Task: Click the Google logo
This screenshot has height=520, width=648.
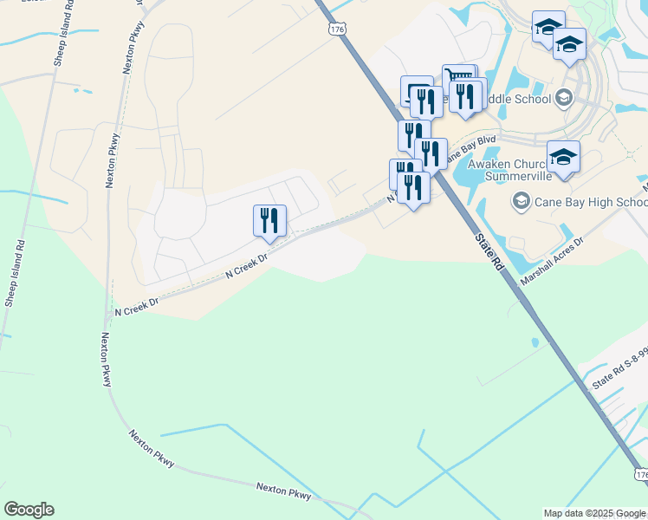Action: [x=29, y=510]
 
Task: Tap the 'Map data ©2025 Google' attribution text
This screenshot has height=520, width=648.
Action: [x=594, y=513]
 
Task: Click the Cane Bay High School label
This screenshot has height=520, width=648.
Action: [x=592, y=203]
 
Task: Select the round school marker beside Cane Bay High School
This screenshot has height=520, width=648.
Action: [x=521, y=203]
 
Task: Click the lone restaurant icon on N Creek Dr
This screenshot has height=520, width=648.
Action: [x=269, y=220]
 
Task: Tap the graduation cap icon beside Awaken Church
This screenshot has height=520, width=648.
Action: [x=563, y=157]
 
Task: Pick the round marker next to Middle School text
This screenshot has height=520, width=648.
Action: [x=565, y=98]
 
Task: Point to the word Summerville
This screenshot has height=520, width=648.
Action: [x=508, y=179]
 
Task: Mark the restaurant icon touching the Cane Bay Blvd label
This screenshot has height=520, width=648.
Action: [x=431, y=153]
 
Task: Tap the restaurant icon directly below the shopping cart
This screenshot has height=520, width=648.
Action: [x=466, y=95]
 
